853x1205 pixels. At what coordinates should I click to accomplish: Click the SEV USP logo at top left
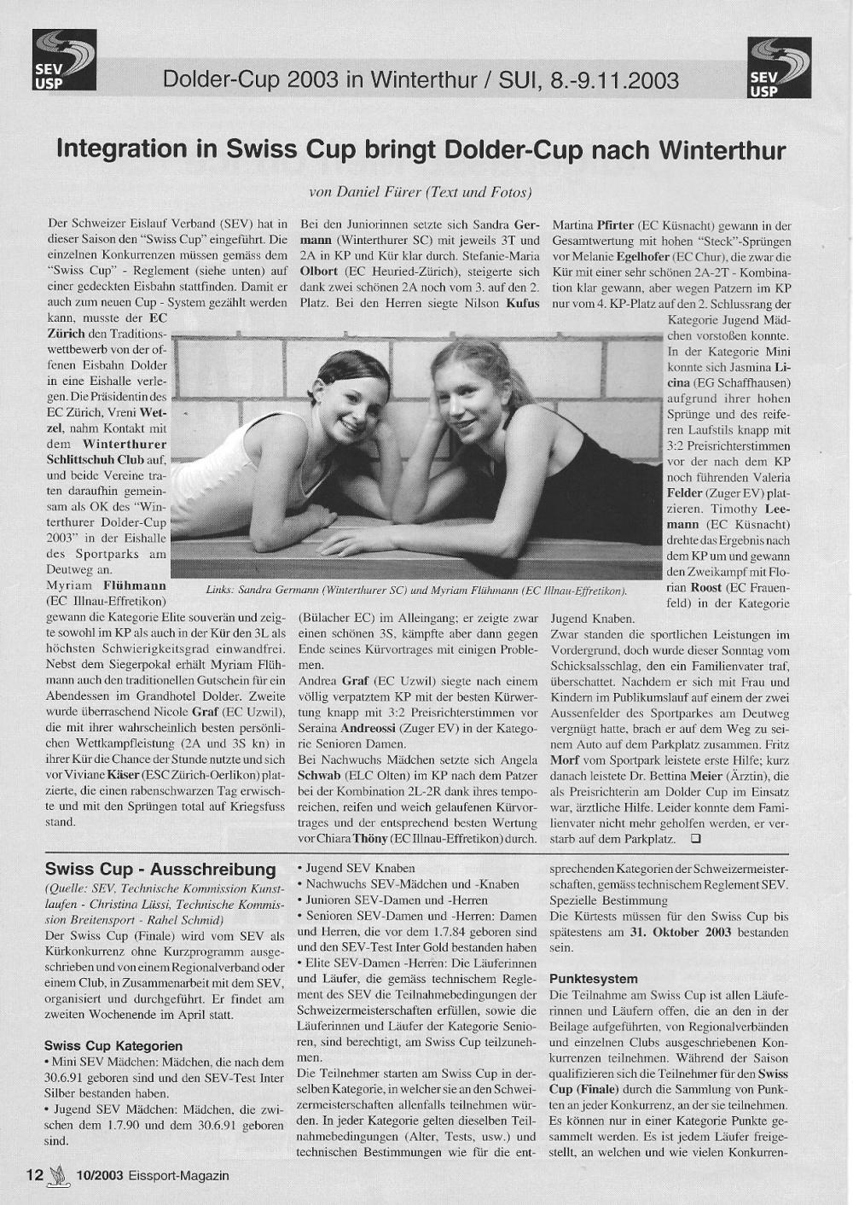pyautogui.click(x=64, y=60)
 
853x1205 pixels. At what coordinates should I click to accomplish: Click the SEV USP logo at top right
pyautogui.click(x=775, y=68)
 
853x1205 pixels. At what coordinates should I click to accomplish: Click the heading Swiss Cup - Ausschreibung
pyautogui.click(x=160, y=870)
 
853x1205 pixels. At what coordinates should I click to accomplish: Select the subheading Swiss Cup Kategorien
pyautogui.click(x=113, y=1045)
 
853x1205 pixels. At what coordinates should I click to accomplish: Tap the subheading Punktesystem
pyautogui.click(x=594, y=978)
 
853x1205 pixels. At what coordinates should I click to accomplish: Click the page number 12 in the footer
pyautogui.click(x=35, y=1175)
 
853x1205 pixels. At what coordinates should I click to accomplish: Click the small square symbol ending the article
pyautogui.click(x=695, y=839)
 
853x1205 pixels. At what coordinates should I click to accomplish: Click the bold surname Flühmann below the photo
pyautogui.click(x=135, y=586)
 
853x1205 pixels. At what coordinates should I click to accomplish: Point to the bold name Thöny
pyautogui.click(x=370, y=839)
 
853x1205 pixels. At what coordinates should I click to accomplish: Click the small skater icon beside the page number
pyautogui.click(x=58, y=1175)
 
